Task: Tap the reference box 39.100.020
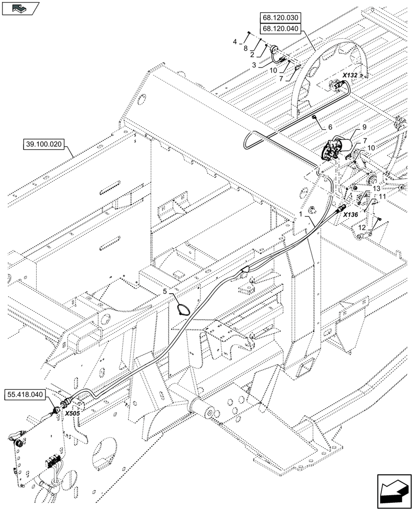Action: point(42,144)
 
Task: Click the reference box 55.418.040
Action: point(27,394)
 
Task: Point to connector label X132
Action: point(350,75)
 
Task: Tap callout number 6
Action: point(330,126)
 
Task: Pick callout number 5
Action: point(165,291)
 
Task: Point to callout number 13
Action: point(376,188)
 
